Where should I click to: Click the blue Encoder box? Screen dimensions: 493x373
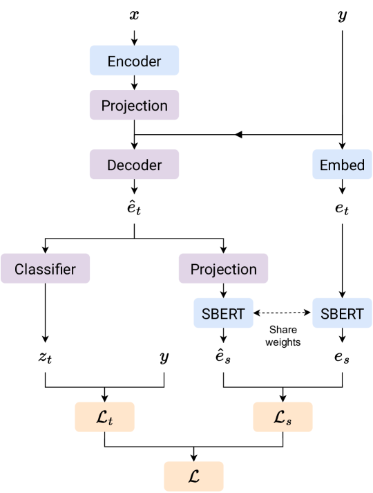pos(134,61)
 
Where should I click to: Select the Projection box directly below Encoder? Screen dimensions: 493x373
pos(134,106)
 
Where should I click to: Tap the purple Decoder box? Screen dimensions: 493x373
pos(134,165)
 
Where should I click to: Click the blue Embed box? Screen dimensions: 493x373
pos(342,165)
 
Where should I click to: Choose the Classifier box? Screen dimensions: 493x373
pos(45,269)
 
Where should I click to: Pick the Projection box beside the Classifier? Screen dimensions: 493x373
pos(223,269)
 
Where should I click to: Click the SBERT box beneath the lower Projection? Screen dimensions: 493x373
pos(223,313)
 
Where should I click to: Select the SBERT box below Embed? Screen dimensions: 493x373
pos(342,313)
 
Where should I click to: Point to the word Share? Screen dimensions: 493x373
pos(283,331)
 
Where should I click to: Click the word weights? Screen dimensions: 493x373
pos(283,342)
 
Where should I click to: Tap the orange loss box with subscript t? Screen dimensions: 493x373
pos(104,418)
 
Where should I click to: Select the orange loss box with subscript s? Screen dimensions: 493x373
pos(283,418)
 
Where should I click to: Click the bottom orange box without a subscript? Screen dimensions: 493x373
pos(193,476)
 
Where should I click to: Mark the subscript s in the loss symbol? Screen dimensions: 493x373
pos(289,421)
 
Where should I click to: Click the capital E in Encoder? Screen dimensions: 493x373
pos(112,62)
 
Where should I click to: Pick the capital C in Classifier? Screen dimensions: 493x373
pos(20,270)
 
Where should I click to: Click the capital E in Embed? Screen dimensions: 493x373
pos(324,166)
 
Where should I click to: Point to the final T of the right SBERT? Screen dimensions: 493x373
pos(359,314)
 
